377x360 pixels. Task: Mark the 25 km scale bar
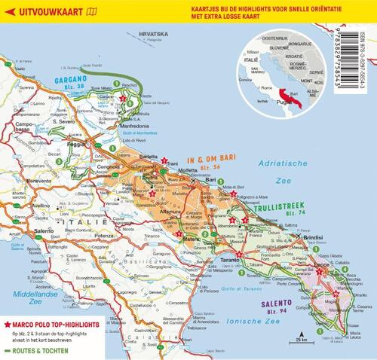click(x=301, y=331)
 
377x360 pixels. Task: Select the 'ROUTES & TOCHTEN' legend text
click(x=44, y=330)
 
